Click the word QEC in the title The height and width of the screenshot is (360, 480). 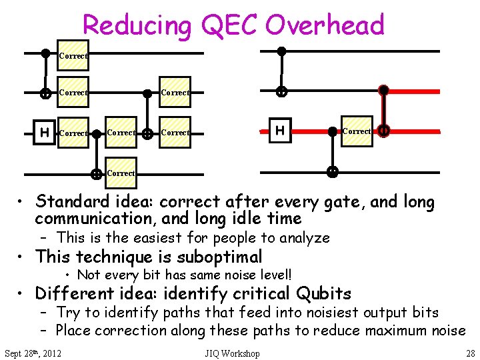(226, 25)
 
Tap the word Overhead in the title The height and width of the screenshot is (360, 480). (325, 25)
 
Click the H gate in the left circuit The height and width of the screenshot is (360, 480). (44, 133)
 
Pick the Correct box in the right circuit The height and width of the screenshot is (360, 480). (356, 131)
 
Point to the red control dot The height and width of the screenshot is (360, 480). (383, 89)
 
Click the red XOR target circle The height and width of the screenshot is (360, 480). (383, 131)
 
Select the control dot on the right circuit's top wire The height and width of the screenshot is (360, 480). (281, 51)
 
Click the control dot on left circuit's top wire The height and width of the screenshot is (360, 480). (45, 53)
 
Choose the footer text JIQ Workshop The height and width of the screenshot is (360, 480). (233, 353)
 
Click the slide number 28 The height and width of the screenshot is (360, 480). (469, 353)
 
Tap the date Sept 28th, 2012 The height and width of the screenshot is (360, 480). (33, 353)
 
